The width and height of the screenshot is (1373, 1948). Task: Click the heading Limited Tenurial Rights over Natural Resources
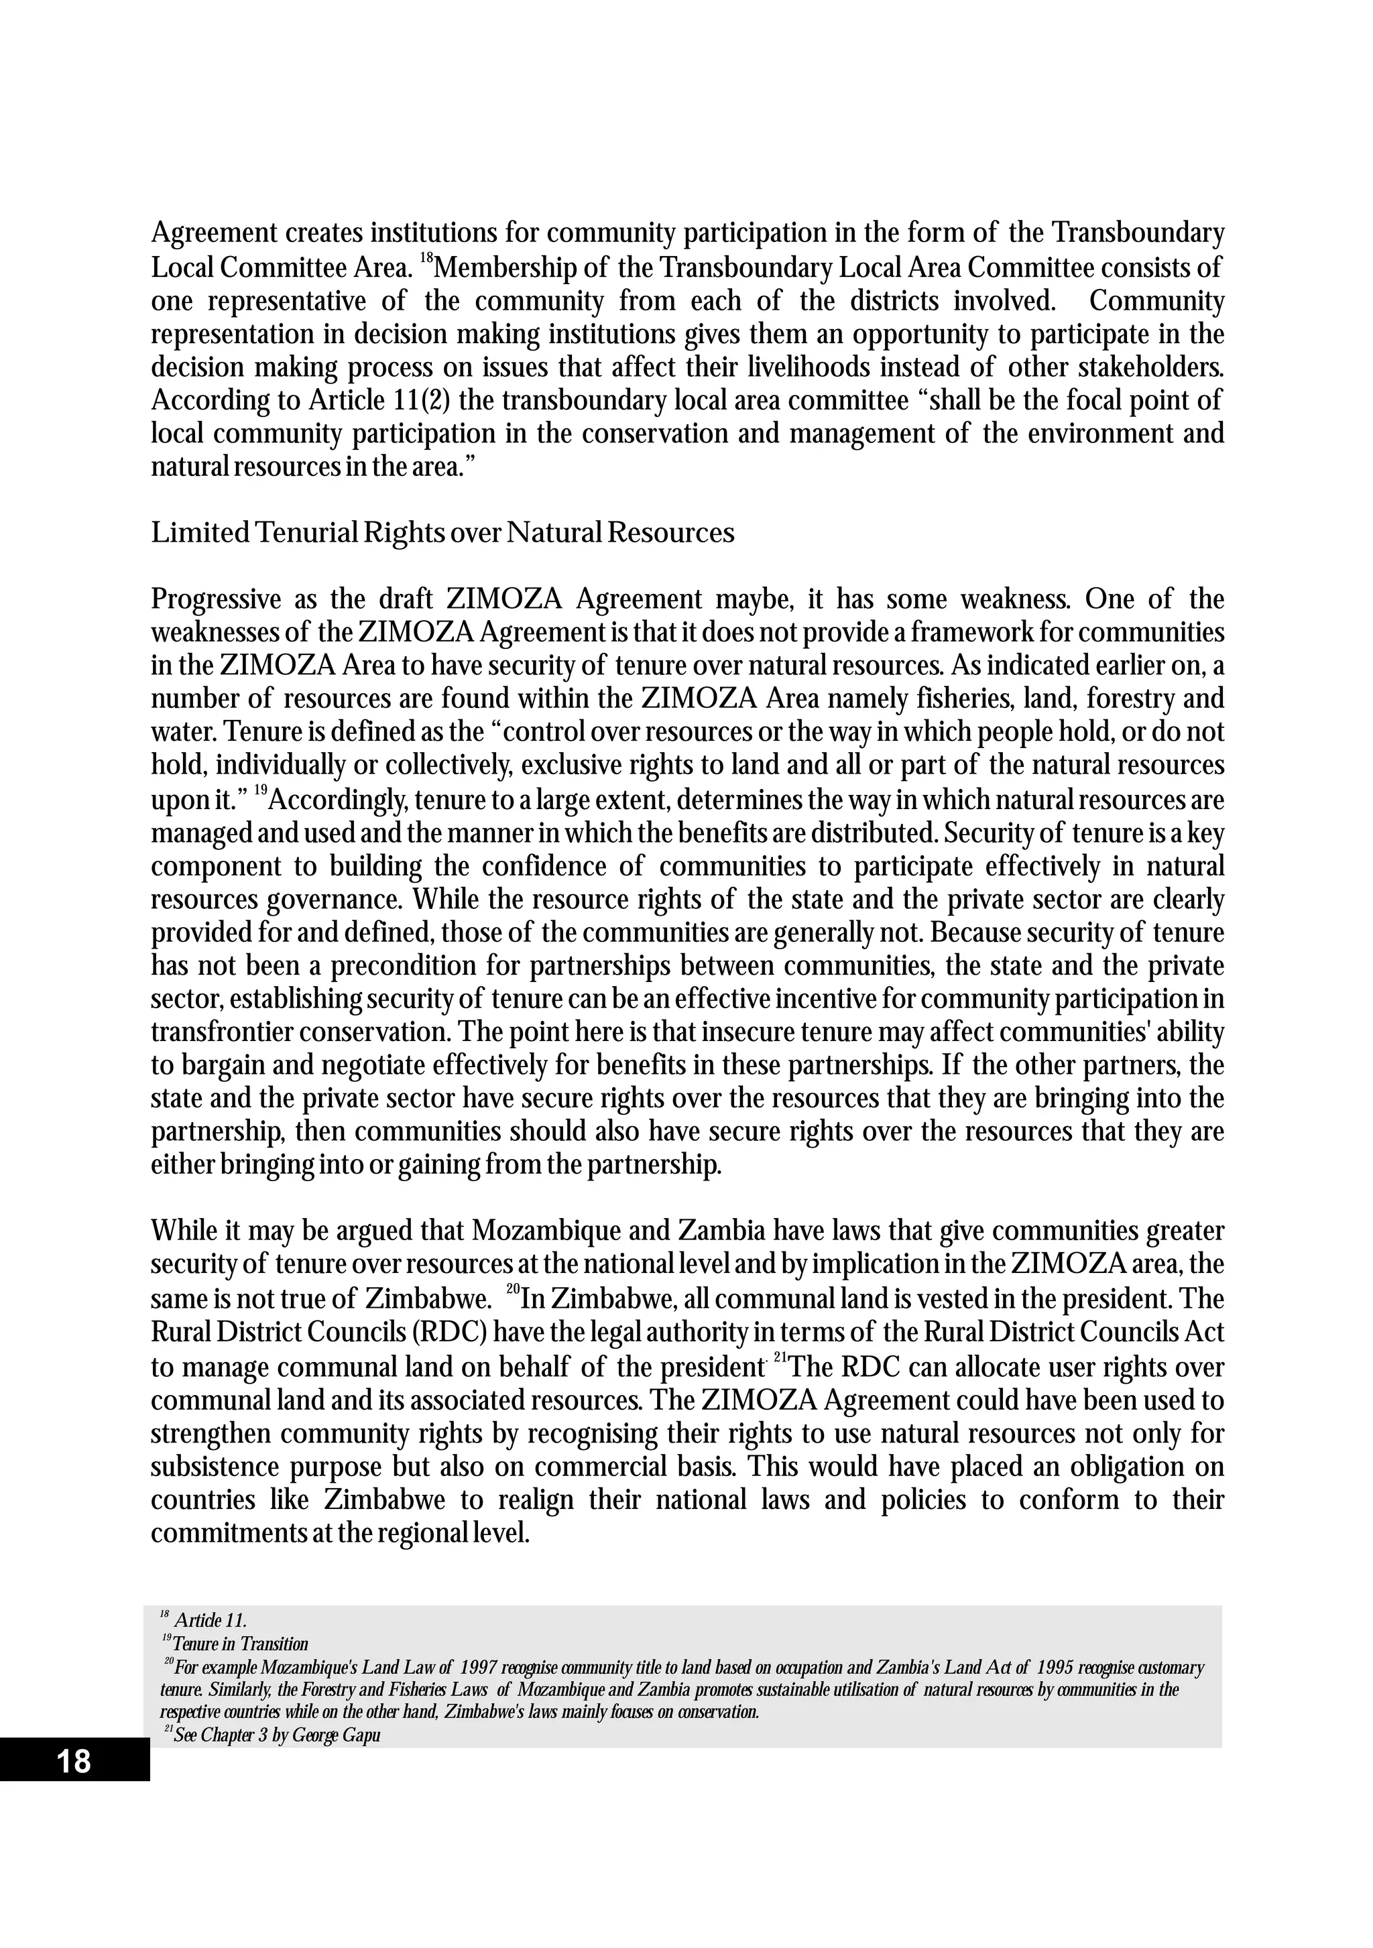(x=442, y=533)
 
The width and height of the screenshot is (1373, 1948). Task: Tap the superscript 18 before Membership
(x=426, y=259)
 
